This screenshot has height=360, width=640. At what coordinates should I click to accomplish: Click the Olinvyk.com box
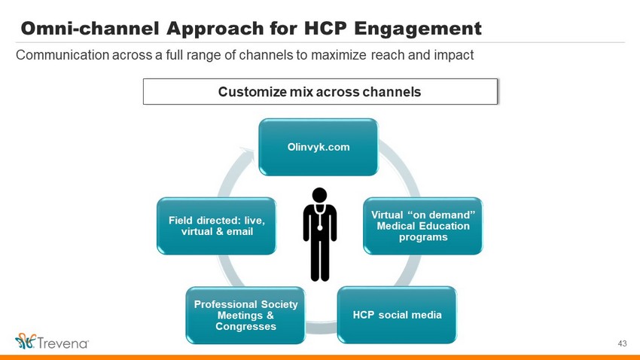(x=318, y=147)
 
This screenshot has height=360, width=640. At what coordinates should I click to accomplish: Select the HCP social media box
(x=397, y=315)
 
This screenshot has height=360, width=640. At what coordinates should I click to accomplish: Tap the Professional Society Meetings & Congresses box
(x=245, y=315)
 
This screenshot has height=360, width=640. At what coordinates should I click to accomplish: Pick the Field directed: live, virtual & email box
(x=216, y=226)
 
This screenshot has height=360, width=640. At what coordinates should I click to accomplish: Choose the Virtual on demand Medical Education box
(x=423, y=226)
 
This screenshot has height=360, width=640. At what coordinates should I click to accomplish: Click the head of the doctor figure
(x=319, y=195)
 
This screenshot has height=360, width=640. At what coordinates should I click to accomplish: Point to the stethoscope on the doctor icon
(x=319, y=217)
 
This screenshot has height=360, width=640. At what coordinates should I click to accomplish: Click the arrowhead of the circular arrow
(x=248, y=154)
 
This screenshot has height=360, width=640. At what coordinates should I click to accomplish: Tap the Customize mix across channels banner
(x=320, y=91)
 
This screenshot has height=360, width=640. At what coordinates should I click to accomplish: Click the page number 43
(x=622, y=343)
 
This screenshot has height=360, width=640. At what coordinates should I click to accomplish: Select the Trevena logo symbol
(x=26, y=341)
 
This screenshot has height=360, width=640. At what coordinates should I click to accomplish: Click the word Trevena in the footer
(x=62, y=343)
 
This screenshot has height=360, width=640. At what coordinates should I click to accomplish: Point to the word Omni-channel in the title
(x=90, y=29)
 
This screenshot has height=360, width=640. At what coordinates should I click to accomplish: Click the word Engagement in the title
(x=418, y=29)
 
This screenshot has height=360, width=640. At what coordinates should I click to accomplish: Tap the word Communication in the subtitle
(x=62, y=55)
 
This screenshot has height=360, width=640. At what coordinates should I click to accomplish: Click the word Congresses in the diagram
(x=245, y=327)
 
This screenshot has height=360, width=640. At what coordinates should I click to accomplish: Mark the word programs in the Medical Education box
(x=423, y=237)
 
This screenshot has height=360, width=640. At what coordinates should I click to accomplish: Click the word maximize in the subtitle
(x=338, y=55)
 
